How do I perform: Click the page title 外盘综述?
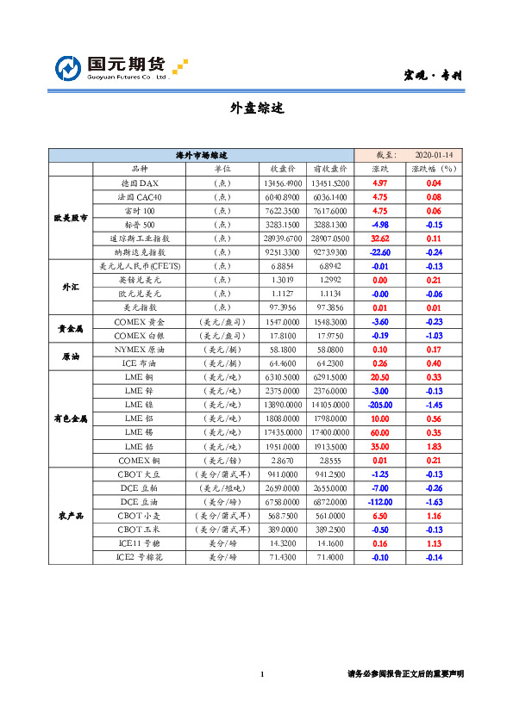pyautogui.click(x=256, y=108)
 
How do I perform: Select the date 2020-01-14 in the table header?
pyautogui.click(x=434, y=155)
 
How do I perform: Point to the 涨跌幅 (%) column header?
pyautogui.click(x=434, y=169)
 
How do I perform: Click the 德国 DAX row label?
pyautogui.click(x=138, y=183)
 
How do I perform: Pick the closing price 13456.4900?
pyautogui.click(x=282, y=183)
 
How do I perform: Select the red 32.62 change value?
pyautogui.click(x=379, y=238)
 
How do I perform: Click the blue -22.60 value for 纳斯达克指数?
pyautogui.click(x=379, y=251)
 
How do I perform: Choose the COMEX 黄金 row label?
pyautogui.click(x=138, y=320)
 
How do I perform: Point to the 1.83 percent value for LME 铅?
pyautogui.click(x=434, y=446)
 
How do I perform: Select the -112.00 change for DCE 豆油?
pyautogui.click(x=379, y=501)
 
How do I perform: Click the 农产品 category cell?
pyautogui.click(x=70, y=515)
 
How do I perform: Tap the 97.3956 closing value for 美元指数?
pyautogui.click(x=282, y=307)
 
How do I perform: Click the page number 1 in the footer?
pyautogui.click(x=262, y=673)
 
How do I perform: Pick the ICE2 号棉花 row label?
pyautogui.click(x=138, y=557)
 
